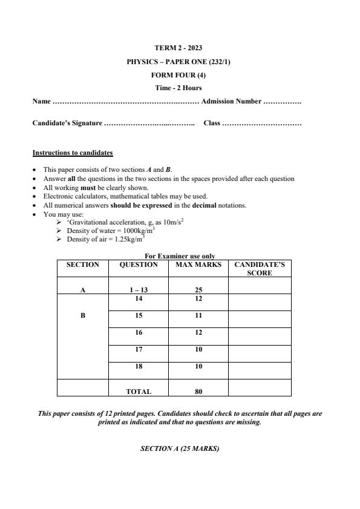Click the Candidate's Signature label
[x=67, y=123]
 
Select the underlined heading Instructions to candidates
[x=73, y=153]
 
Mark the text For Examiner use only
[x=180, y=256]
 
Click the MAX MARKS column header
[x=198, y=264]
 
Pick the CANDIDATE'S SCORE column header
[x=260, y=269]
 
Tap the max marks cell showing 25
[x=198, y=290]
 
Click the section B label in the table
[x=83, y=315]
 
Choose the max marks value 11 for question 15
[x=198, y=315]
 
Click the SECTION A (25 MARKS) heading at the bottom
[x=179, y=448]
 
